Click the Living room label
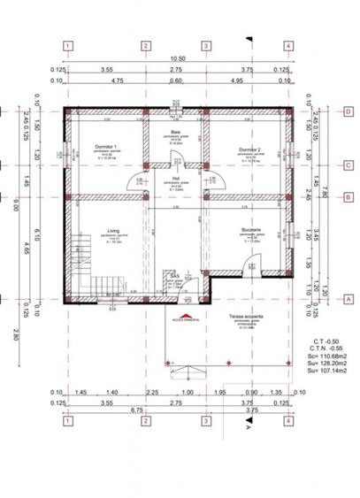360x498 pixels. (113, 231)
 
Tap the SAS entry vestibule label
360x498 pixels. (175, 276)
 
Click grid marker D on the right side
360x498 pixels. (349, 111)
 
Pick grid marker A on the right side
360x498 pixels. (349, 299)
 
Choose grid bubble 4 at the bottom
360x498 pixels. (288, 421)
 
